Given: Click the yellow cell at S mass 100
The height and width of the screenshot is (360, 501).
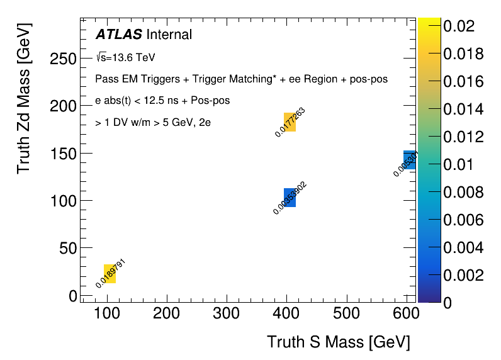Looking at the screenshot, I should (110, 274).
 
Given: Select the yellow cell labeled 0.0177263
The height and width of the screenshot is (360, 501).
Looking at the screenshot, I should (290, 122).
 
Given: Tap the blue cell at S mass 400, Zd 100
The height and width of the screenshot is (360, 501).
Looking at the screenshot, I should (290, 198).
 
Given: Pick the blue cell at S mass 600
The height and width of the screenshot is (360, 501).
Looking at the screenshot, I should (409, 160).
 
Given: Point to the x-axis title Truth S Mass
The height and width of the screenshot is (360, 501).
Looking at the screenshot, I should (338, 342).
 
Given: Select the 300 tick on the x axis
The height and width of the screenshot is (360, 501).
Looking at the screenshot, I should (226, 313).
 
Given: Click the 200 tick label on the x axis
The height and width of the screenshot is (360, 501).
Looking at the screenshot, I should (166, 313).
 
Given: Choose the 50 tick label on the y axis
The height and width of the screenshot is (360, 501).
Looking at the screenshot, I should (65, 248).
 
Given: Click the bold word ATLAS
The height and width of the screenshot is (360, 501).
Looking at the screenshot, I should (118, 35).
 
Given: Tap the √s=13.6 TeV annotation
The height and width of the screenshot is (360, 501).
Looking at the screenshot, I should (125, 57).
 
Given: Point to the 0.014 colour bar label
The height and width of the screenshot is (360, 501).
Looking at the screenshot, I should (463, 109).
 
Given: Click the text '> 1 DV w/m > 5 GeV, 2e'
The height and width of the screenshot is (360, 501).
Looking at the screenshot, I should (153, 123).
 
